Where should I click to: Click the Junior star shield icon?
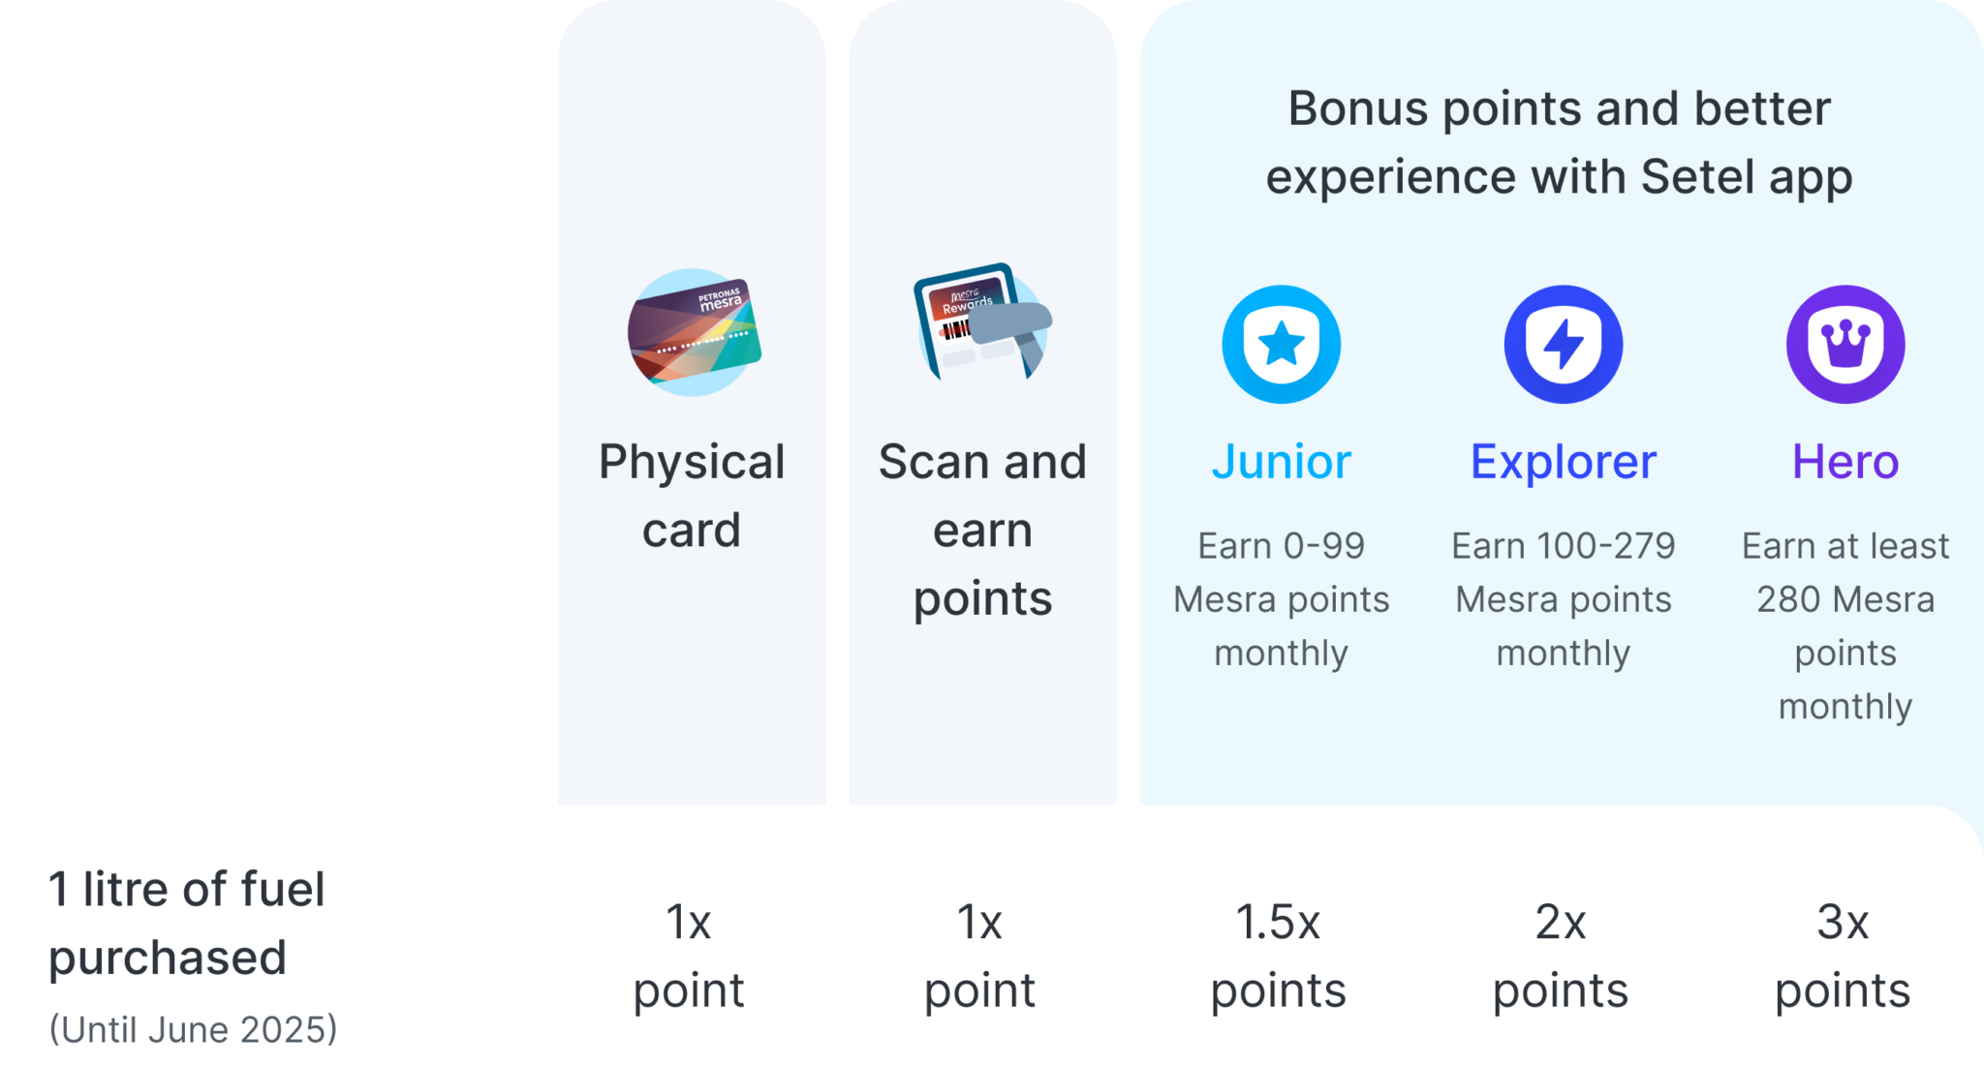point(1281,345)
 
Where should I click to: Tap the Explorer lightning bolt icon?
point(1563,345)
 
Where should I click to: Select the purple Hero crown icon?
point(1844,345)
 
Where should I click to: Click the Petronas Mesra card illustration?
point(694,333)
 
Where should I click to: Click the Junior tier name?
point(1281,462)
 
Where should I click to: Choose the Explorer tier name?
point(1563,462)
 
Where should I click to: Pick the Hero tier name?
point(1844,462)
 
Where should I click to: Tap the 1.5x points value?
point(1278,956)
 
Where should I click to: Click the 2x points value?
point(1560,956)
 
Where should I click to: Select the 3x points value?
point(1842,956)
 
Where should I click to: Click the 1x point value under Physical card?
point(689,956)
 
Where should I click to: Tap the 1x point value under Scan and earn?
point(979,956)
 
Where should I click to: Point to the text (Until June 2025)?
point(194,1029)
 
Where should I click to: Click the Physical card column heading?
point(692,496)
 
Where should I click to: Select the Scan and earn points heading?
point(982,530)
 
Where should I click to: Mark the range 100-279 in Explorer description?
point(1605,547)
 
